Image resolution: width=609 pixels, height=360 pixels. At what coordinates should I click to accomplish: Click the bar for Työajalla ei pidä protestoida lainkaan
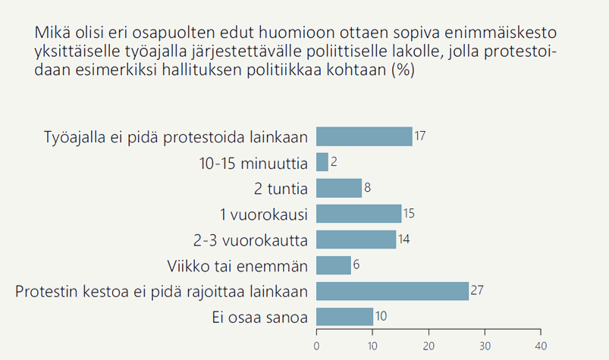click(x=364, y=136)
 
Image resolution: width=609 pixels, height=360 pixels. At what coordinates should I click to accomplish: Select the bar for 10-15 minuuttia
click(x=322, y=162)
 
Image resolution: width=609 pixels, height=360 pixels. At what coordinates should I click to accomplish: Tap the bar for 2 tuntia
click(x=339, y=188)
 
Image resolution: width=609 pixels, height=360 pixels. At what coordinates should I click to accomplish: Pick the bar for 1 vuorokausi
click(x=359, y=214)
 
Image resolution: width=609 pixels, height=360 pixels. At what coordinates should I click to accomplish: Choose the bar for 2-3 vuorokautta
click(x=356, y=239)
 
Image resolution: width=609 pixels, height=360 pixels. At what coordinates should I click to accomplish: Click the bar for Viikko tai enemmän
click(x=334, y=265)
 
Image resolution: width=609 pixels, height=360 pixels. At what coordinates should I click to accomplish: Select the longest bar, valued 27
click(x=392, y=291)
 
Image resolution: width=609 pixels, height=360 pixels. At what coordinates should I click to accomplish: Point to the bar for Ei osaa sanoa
click(x=344, y=317)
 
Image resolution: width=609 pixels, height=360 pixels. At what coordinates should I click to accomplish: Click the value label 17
click(x=420, y=136)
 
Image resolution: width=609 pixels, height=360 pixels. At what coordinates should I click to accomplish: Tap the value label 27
click(x=477, y=291)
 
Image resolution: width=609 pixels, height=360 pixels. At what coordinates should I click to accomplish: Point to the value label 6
click(x=356, y=265)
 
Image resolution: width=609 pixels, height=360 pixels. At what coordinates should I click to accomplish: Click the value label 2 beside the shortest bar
click(x=333, y=162)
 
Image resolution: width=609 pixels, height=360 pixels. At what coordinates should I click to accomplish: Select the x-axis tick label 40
click(x=540, y=345)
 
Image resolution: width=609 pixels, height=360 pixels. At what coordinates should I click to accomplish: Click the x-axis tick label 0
click(x=316, y=345)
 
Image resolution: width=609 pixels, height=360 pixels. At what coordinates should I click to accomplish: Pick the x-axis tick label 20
click(x=428, y=345)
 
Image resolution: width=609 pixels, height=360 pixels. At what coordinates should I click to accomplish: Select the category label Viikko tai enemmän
click(x=237, y=266)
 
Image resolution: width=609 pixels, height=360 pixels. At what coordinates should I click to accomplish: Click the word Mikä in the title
click(x=49, y=34)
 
